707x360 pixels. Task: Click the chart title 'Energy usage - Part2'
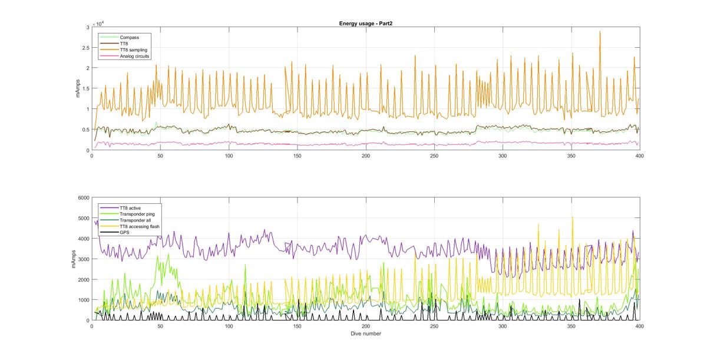[366, 23]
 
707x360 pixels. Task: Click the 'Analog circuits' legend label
[134, 57]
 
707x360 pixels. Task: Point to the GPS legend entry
[125, 233]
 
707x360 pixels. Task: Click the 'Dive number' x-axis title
[365, 333]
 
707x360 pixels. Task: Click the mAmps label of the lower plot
[75, 259]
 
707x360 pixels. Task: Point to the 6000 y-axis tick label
[82, 197]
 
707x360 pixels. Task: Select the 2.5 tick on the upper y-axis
[85, 48]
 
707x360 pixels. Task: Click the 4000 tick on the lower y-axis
[82, 239]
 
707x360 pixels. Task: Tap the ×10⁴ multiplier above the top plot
[98, 23]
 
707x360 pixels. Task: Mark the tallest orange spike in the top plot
[600, 32]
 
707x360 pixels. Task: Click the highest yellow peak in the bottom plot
[573, 217]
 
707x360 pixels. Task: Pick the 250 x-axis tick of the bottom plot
[434, 326]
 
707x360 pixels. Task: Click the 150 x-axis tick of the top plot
[298, 156]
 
